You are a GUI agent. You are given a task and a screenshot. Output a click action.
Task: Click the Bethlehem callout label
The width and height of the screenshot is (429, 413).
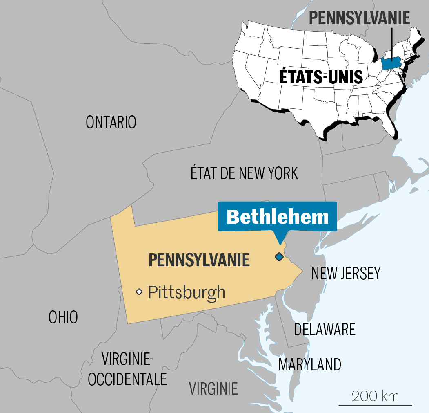[x=278, y=216]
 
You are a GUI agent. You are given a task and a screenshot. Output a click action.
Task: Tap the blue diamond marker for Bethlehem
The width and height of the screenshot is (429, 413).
[x=279, y=257]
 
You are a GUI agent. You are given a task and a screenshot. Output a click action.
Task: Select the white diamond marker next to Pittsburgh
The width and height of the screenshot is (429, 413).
[x=139, y=292]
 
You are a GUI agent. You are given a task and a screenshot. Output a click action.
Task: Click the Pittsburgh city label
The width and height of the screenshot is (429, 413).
[x=186, y=292]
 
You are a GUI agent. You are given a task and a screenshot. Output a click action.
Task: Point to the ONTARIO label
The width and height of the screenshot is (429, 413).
[x=111, y=122]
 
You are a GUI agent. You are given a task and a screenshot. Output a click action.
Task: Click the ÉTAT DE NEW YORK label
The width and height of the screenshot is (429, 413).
[x=244, y=173]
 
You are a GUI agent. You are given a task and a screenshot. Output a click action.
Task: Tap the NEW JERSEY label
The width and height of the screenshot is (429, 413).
[x=346, y=273]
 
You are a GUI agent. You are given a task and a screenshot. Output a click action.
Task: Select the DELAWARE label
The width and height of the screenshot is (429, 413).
[x=325, y=329]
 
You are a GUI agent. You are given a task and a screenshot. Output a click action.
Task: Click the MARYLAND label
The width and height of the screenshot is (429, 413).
[x=310, y=364]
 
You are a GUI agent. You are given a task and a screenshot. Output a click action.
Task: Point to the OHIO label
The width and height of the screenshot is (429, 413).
[x=63, y=317]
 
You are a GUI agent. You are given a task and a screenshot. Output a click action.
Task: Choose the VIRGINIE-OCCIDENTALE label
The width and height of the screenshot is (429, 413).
[x=127, y=370]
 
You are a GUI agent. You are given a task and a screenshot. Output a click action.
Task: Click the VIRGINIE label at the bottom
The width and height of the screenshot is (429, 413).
[x=213, y=388]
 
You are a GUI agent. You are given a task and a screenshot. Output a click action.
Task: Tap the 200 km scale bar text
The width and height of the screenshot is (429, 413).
[x=376, y=396]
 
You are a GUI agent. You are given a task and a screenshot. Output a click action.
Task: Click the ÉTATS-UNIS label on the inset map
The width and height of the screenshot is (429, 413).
[x=321, y=77]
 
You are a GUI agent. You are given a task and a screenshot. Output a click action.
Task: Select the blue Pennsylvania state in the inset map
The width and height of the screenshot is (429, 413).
[x=391, y=63]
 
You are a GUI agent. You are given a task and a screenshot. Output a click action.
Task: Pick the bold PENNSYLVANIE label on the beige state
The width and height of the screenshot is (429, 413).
[x=199, y=260]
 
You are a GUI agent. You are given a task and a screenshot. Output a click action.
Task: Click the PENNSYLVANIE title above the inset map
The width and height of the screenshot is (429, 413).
[x=359, y=18]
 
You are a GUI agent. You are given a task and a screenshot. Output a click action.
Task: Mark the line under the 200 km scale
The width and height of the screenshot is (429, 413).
[x=376, y=405]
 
